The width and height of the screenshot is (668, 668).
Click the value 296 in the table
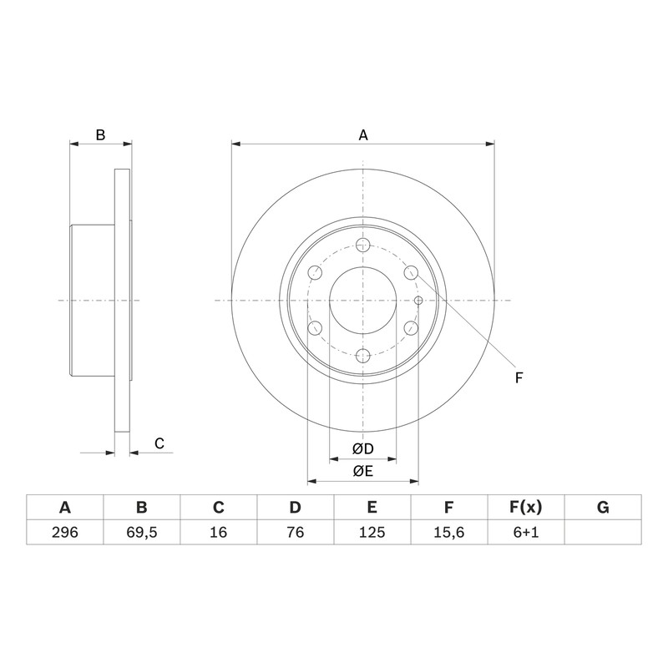coord(65,532)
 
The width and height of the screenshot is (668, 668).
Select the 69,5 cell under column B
coord(141,532)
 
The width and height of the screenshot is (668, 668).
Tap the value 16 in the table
coord(218,532)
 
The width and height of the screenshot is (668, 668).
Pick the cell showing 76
coord(295,532)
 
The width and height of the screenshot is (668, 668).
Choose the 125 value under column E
coord(372,532)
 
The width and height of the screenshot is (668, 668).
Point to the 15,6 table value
coord(448,532)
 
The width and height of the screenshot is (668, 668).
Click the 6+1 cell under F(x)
coord(526,532)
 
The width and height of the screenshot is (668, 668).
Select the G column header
coord(603,508)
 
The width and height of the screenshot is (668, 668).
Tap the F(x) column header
coord(526,508)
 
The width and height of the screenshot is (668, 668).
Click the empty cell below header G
coord(603,532)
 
